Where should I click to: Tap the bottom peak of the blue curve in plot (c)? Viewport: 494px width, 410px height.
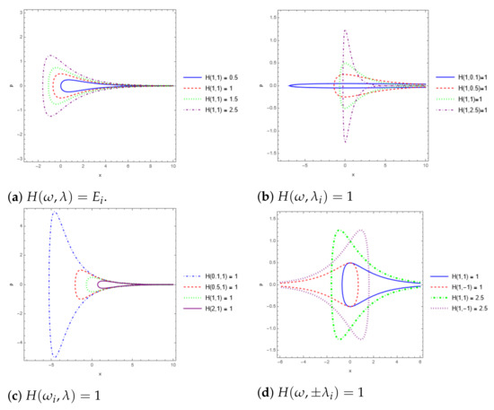click(56, 356)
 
